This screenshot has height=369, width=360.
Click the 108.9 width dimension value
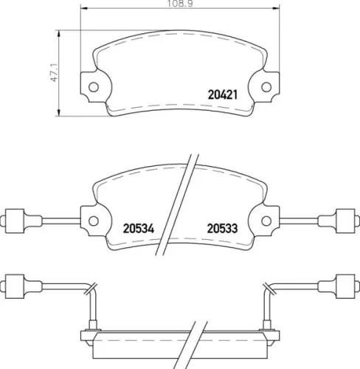(x=180, y=4)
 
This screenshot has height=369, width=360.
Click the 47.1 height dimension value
(x=54, y=72)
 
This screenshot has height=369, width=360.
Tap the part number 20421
(x=223, y=94)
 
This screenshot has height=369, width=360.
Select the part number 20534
(x=139, y=229)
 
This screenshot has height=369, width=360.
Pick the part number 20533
(x=223, y=229)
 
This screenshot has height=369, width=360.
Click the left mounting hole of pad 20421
(x=94, y=87)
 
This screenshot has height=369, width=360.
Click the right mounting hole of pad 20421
(x=266, y=87)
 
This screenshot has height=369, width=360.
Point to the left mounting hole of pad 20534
(x=94, y=221)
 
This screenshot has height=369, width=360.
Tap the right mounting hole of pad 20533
(x=266, y=221)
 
